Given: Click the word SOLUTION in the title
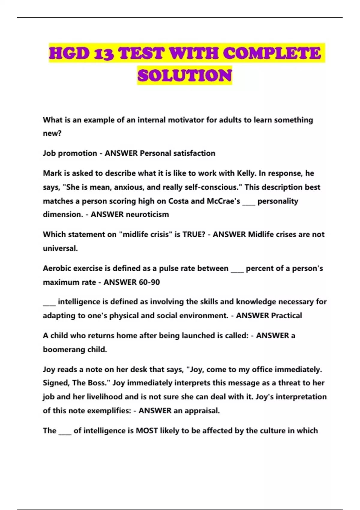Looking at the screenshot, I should coord(184,75).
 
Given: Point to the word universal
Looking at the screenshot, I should coord(60,248).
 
